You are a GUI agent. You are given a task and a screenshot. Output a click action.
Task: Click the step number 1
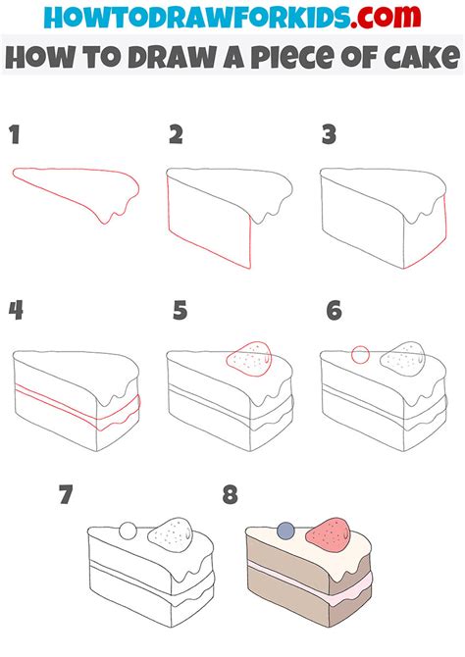15,135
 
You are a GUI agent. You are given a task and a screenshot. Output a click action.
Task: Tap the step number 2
177,135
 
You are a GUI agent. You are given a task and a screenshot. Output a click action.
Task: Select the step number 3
330,135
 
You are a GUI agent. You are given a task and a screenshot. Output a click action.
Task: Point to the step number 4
16,312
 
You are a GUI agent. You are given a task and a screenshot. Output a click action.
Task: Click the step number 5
180,312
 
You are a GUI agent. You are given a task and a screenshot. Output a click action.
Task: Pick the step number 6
334,312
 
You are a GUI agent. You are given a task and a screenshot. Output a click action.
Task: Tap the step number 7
66,496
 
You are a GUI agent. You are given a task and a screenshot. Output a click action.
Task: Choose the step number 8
230,496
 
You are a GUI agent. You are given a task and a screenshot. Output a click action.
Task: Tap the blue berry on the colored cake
284,531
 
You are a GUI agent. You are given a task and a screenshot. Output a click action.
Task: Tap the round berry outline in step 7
128,531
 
